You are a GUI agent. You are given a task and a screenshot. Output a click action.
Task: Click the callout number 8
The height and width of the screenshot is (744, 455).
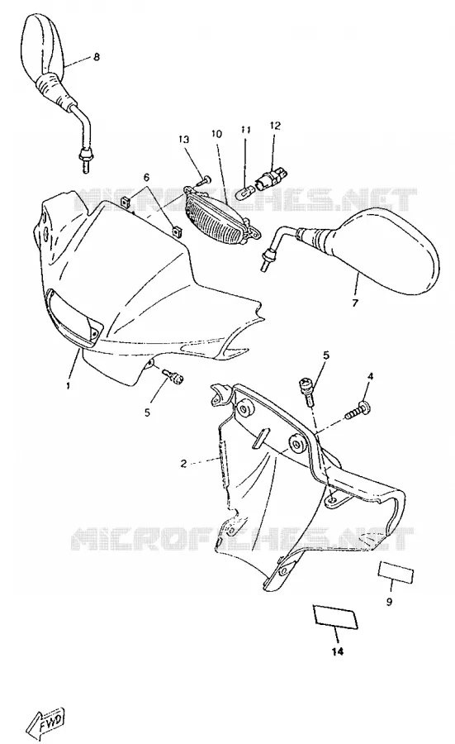coord(97,57)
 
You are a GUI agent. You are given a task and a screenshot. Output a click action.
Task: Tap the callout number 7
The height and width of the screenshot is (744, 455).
coord(355,303)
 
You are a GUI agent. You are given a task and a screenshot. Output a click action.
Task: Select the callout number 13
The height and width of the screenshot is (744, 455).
coord(184,139)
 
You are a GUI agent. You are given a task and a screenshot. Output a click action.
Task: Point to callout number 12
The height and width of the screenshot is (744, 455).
coord(275,126)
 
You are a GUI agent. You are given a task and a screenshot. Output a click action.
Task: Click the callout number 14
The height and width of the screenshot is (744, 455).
coord(337,651)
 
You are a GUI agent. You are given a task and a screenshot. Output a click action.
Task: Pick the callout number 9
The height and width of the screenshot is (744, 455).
coord(389,602)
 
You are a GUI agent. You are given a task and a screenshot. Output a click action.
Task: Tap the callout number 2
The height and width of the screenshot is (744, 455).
coord(184,463)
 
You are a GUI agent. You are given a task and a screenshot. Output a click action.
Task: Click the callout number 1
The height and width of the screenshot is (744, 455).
coord(69,384)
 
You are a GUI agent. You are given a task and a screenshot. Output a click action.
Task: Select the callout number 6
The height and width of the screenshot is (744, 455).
coord(146,177)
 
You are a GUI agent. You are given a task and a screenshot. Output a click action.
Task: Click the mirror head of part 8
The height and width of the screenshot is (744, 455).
coord(42,45)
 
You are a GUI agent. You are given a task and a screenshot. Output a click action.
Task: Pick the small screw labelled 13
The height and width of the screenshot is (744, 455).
coord(204,181)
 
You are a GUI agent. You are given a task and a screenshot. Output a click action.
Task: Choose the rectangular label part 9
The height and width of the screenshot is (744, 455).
coord(396,572)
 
